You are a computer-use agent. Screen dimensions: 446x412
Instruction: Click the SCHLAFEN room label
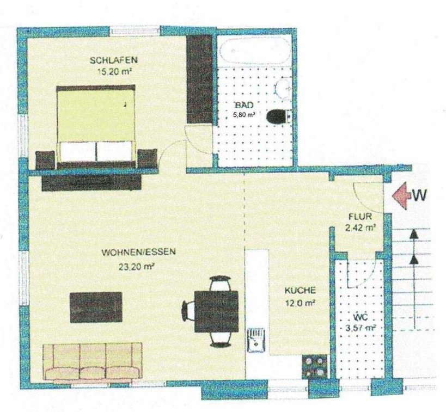(x=114, y=60)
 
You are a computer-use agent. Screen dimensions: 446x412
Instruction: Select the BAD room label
(x=244, y=105)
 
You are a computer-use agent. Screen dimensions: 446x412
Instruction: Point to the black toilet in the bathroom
(x=277, y=116)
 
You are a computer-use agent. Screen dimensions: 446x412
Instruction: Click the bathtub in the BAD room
(x=255, y=51)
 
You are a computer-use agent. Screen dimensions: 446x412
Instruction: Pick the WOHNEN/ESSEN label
(x=138, y=252)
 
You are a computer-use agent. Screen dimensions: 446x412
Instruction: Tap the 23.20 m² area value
(x=137, y=267)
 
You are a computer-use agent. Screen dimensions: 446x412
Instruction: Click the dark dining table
(x=216, y=311)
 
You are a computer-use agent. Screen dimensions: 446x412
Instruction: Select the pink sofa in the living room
(x=93, y=361)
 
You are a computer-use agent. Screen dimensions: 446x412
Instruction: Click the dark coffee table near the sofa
(x=96, y=307)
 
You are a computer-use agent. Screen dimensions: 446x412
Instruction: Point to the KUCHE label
(x=300, y=290)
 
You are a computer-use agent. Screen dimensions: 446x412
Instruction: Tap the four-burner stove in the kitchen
(x=315, y=366)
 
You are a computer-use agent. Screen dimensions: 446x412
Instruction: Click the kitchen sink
(x=256, y=340)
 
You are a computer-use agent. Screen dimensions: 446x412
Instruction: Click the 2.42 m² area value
(x=360, y=227)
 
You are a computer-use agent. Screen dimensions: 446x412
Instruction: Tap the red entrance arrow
(x=400, y=195)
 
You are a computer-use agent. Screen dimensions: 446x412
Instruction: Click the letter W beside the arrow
(x=419, y=195)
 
